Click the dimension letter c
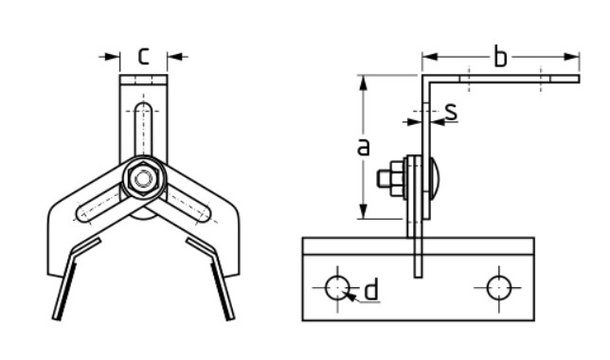[x=144, y=56]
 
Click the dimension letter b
[x=500, y=56]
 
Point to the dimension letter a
[x=363, y=147]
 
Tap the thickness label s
[x=451, y=111]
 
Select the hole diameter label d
[x=372, y=289]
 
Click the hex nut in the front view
[x=143, y=179]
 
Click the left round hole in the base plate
[x=337, y=288]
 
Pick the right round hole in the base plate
[x=499, y=288]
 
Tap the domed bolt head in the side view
[x=436, y=179]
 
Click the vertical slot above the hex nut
[x=144, y=129]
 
